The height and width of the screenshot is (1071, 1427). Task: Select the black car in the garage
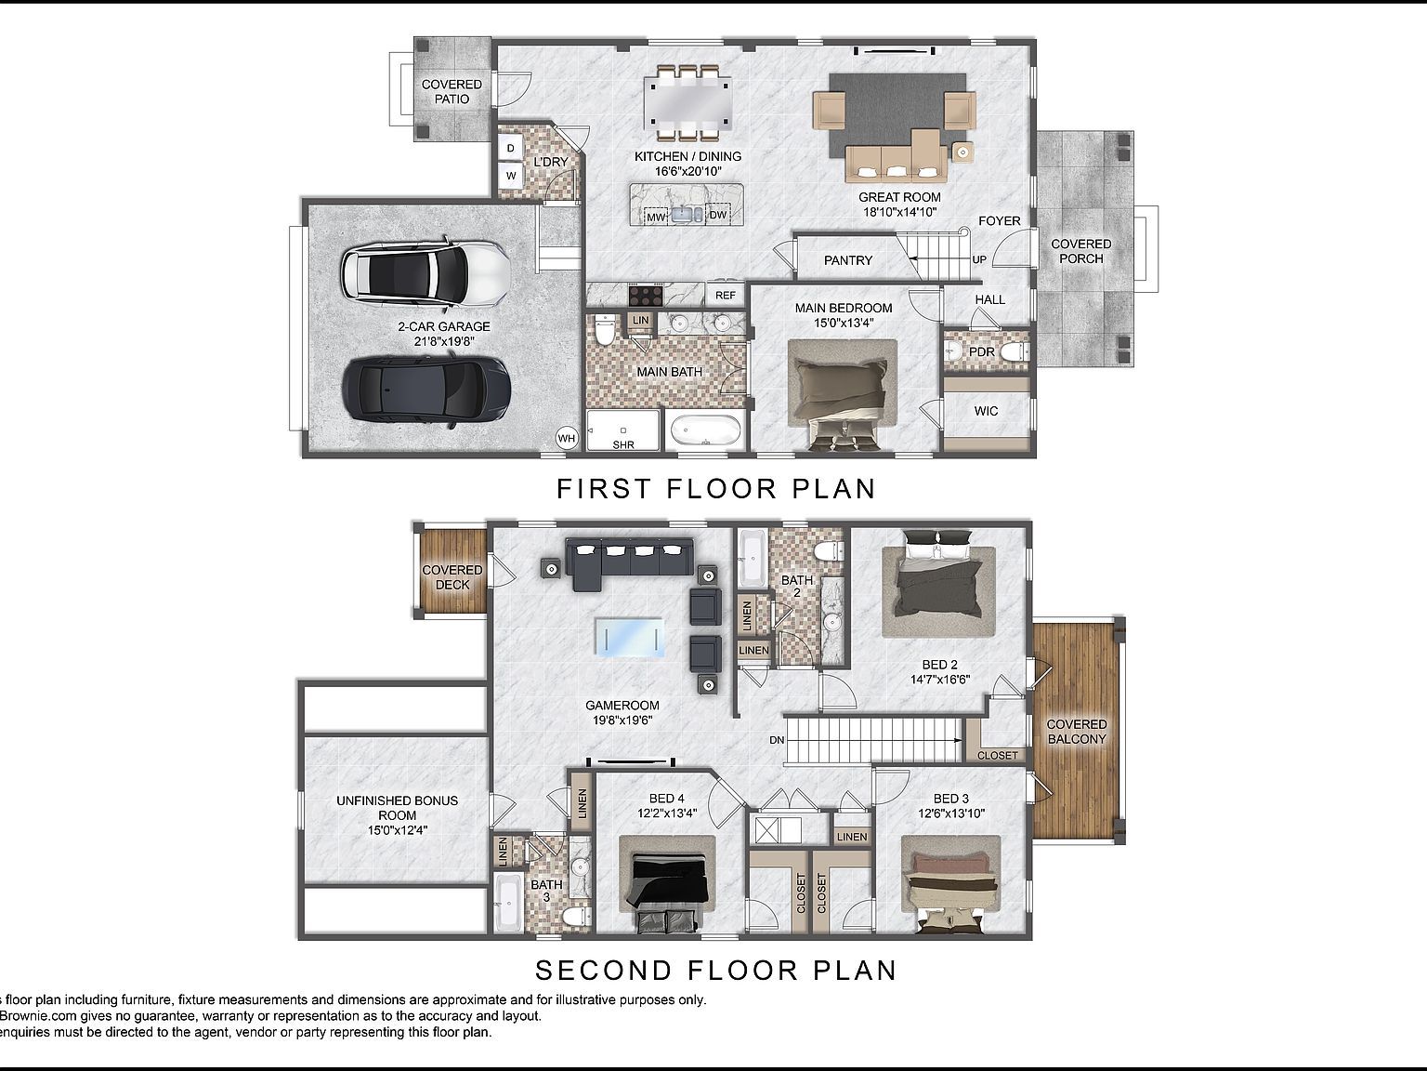(x=425, y=391)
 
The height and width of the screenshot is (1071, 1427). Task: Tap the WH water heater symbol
(x=567, y=438)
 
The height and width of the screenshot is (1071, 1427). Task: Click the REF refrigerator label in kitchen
(x=726, y=296)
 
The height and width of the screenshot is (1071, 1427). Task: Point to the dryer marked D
(x=511, y=149)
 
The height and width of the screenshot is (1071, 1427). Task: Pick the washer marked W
(x=511, y=175)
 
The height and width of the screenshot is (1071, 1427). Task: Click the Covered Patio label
(x=452, y=91)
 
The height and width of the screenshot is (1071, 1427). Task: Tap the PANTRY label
(x=847, y=260)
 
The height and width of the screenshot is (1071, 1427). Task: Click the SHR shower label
(x=623, y=444)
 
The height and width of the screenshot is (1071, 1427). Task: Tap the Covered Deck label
(x=452, y=577)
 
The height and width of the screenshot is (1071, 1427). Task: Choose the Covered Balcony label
(x=1077, y=732)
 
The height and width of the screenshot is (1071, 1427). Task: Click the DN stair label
(x=777, y=740)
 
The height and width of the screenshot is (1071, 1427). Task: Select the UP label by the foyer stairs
(x=979, y=259)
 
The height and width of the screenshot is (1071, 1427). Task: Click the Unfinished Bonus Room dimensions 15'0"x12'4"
(x=397, y=830)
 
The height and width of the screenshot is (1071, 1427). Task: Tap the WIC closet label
(x=986, y=411)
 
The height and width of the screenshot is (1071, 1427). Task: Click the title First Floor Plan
(x=715, y=489)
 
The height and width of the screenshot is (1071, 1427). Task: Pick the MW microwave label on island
(x=657, y=217)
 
